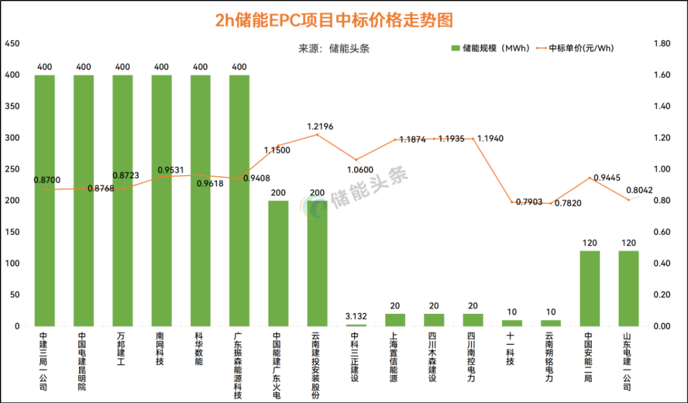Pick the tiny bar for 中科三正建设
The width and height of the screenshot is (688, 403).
click(x=356, y=325)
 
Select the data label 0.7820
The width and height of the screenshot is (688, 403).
click(x=568, y=203)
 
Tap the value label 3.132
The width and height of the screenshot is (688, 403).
click(x=356, y=316)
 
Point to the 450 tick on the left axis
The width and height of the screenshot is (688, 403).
click(x=12, y=44)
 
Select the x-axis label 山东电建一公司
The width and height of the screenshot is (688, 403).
click(x=628, y=360)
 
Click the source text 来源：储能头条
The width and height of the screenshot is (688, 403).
click(x=334, y=48)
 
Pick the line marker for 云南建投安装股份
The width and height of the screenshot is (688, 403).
click(x=317, y=134)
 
